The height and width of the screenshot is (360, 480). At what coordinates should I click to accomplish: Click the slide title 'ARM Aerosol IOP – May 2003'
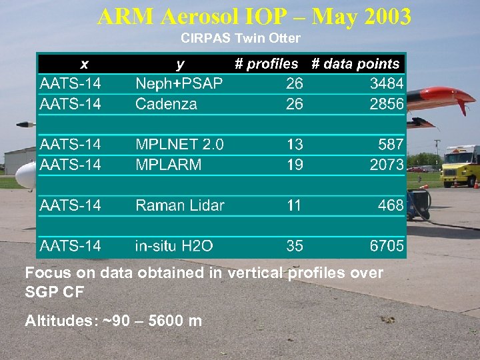tap(254, 16)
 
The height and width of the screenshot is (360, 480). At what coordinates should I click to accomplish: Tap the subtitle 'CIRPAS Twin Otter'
tap(240, 39)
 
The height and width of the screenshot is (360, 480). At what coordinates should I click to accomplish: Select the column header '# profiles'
tap(267, 64)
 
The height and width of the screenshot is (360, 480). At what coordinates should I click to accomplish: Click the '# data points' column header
tap(356, 64)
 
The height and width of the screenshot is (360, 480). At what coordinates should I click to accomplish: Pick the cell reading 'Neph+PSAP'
tap(179, 83)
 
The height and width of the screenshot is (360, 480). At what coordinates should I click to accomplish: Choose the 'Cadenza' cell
tap(166, 103)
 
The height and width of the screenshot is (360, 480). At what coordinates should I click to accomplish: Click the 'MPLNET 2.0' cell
tap(179, 144)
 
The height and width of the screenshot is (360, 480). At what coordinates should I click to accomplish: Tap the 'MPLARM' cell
tap(168, 164)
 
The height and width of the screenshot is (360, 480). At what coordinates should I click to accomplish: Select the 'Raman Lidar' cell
tap(180, 205)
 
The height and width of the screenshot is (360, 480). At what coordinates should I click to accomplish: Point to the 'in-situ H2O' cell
tap(174, 246)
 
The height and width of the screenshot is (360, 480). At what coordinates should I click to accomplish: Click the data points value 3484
tap(387, 83)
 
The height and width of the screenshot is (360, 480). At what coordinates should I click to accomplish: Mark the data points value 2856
tap(387, 103)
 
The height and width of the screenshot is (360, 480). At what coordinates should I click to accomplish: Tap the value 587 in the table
tap(391, 144)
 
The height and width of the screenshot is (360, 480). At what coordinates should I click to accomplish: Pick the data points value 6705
tap(387, 246)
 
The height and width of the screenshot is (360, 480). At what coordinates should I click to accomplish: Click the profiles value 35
tap(295, 246)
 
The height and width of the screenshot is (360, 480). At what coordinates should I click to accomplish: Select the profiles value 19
tap(295, 164)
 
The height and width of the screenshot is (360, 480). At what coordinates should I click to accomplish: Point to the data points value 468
tap(391, 205)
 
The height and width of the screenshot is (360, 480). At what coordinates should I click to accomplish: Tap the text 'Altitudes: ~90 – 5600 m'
tap(113, 321)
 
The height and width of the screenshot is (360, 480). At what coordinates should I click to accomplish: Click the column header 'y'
tap(180, 64)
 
